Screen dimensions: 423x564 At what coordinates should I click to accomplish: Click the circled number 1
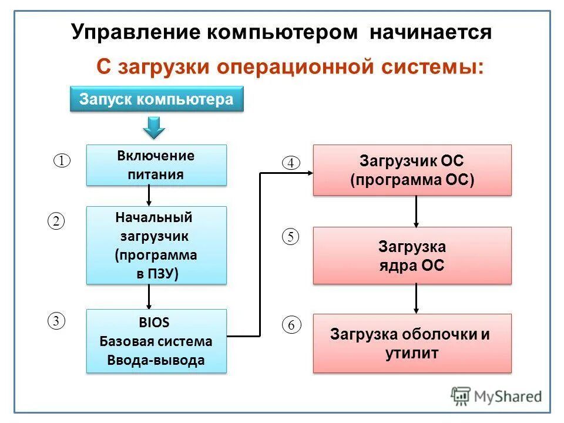62,160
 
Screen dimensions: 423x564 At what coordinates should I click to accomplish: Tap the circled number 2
55,221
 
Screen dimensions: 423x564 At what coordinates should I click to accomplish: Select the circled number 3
55,321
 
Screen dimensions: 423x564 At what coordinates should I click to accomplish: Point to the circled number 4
291,163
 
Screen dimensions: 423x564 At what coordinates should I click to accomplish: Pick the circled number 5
291,237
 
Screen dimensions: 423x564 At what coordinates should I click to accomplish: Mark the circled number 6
291,324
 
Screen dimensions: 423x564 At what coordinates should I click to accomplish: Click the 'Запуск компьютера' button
156,99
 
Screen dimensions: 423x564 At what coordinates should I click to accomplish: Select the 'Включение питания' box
156,165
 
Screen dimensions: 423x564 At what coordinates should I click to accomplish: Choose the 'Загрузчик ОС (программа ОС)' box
412,170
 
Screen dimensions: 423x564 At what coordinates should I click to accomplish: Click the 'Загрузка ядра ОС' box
412,256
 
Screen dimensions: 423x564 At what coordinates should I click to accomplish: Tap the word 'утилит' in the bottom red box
412,354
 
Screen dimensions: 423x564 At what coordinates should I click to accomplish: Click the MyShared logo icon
461,396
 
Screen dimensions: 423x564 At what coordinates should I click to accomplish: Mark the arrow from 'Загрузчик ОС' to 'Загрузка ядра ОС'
417,211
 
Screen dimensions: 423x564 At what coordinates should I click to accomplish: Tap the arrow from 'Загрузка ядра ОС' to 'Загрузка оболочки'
417,298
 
